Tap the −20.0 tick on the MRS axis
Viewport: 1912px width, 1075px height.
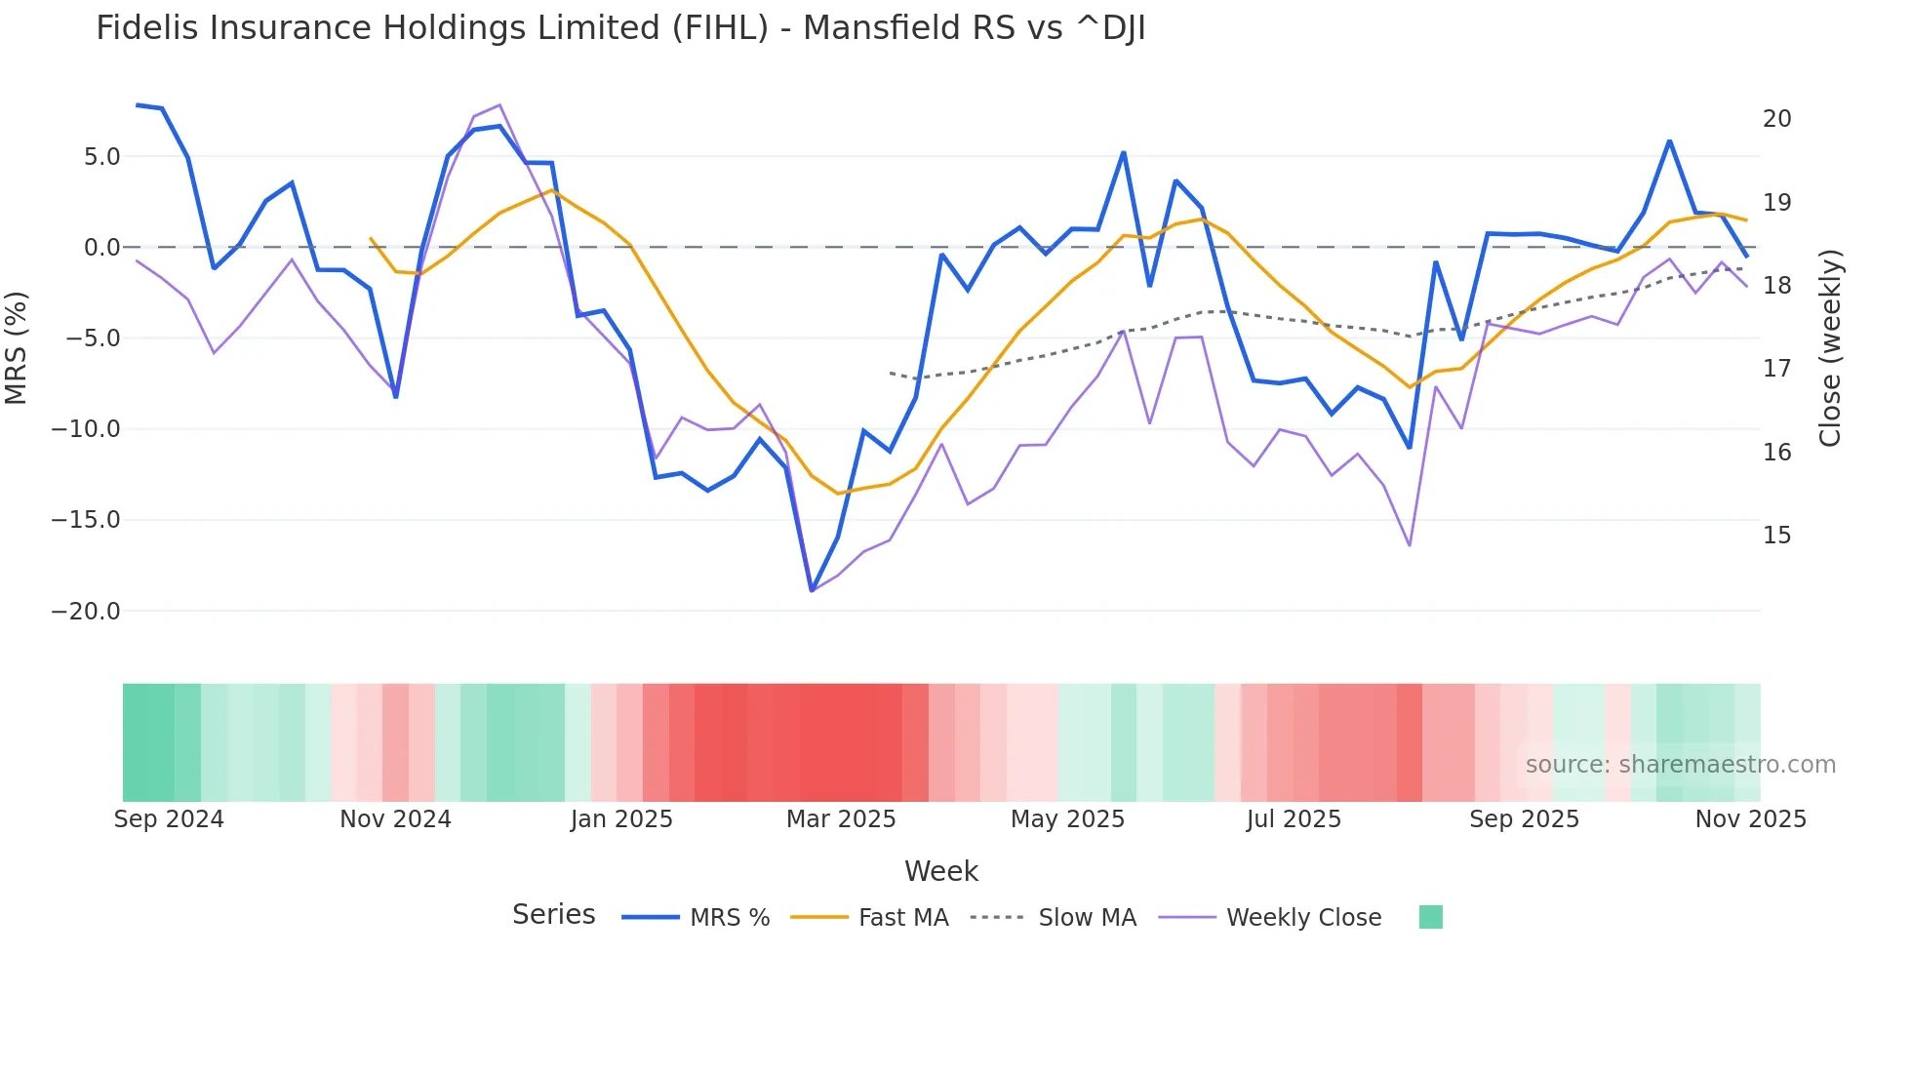click(86, 612)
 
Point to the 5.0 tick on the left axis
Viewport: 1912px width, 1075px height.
click(101, 157)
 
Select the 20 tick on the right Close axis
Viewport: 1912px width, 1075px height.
click(1776, 119)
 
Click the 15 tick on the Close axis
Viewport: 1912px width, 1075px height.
click(1776, 536)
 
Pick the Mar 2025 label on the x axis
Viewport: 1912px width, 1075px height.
click(841, 819)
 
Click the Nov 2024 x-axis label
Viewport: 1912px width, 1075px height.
click(395, 819)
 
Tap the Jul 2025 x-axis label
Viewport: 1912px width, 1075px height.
click(1294, 819)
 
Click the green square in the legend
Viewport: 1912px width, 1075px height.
click(1430, 917)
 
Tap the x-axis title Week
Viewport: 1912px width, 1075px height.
click(940, 871)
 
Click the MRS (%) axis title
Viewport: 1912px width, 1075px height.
click(17, 348)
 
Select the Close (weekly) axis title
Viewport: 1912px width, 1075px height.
click(1830, 348)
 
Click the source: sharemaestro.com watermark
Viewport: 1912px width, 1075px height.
click(1680, 765)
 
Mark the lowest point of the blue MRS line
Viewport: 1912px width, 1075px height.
click(812, 590)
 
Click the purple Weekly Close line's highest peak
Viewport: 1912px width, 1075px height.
click(499, 104)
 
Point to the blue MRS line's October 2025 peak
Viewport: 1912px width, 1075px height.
click(1669, 141)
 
